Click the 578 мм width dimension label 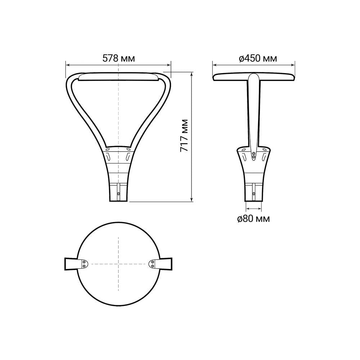pyautogui.click(x=118, y=58)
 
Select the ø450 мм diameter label pyautogui.click(x=258, y=58)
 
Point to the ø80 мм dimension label pyautogui.click(x=253, y=219)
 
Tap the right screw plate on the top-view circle pyautogui.click(x=152, y=264)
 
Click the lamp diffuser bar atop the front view pyautogui.click(x=118, y=77)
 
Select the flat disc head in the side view pyautogui.click(x=253, y=77)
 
